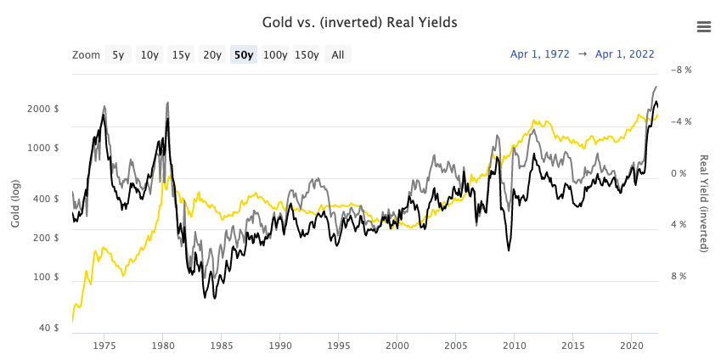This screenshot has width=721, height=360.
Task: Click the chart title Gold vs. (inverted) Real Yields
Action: coord(360,22)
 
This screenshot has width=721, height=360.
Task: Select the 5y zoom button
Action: coord(118,55)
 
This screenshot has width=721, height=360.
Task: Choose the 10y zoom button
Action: coord(149,55)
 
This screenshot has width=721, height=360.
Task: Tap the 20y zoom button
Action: coord(211,55)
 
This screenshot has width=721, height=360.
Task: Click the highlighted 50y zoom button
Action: coord(244,55)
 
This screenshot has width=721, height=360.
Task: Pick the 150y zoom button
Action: coord(307,55)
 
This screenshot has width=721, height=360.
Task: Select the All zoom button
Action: coord(338,55)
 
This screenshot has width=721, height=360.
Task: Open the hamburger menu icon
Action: coord(703,26)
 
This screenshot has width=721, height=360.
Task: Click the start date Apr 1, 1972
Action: coord(540,54)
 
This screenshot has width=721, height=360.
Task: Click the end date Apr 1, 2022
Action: coord(625,54)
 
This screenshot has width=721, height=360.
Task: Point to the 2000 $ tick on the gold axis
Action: coord(44,109)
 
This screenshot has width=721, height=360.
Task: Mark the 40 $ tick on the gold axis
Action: coord(49,328)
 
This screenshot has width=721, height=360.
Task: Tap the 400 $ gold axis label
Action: coord(47,199)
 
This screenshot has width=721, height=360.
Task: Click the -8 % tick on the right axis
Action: coord(681,70)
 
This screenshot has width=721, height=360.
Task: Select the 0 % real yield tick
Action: coord(679,173)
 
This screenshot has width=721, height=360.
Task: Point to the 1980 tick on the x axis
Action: coord(163,346)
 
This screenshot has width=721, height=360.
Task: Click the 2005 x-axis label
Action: coord(456,346)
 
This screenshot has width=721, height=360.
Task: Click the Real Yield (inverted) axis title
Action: coord(704,204)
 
